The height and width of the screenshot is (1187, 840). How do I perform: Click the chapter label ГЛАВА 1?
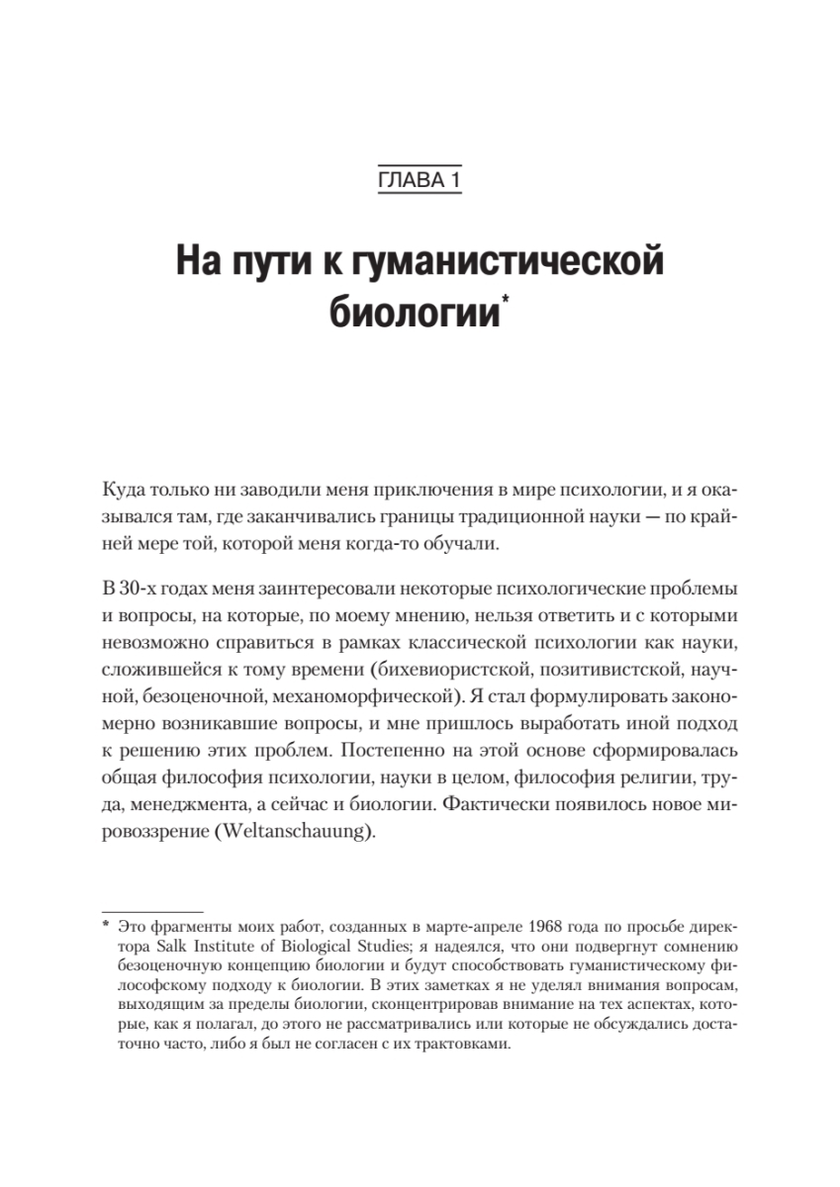pyautogui.click(x=420, y=180)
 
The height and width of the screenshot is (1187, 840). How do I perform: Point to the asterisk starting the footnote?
pyautogui.click(x=105, y=927)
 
